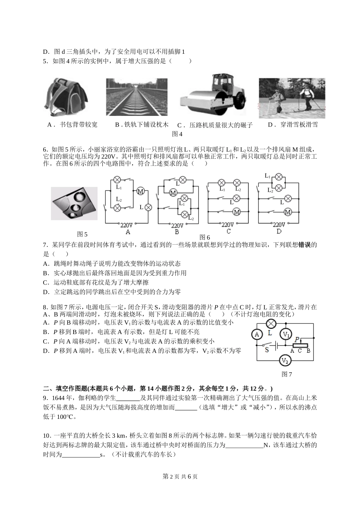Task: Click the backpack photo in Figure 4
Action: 68,98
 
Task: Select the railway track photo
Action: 137,97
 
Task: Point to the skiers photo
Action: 292,98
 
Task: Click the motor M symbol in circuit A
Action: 140,191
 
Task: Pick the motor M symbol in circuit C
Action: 237,212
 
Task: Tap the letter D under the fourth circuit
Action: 279,231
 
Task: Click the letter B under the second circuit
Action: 177,231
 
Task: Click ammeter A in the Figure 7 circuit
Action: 257,334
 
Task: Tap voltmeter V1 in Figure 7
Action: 286,334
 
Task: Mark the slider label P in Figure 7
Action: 298,339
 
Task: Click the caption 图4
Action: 177,134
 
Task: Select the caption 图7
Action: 287,375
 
